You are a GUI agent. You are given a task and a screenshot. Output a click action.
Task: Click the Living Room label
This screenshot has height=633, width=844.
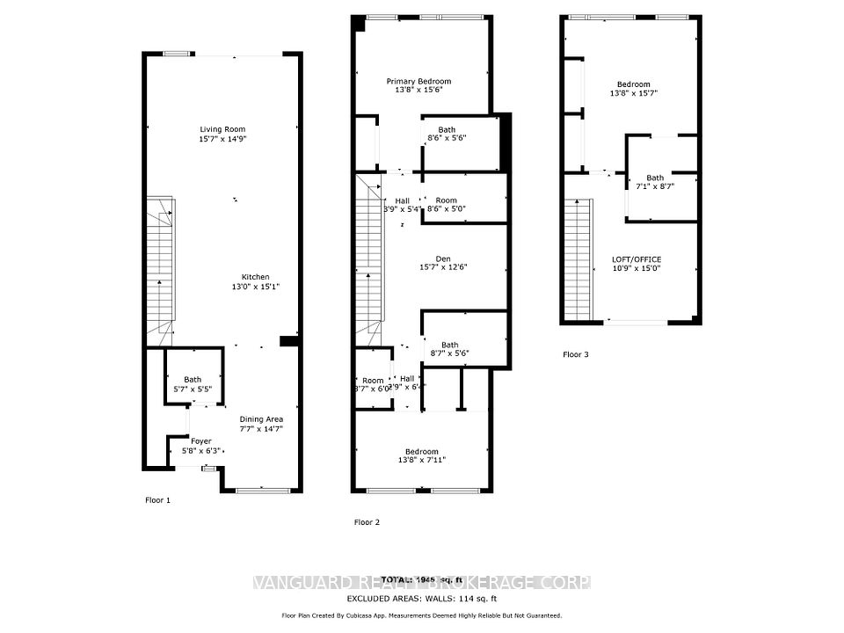click(x=222, y=129)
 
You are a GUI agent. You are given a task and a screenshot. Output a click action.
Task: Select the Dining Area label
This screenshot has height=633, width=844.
click(x=261, y=419)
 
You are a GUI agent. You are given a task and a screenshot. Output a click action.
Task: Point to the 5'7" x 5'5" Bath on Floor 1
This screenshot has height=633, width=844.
click(x=193, y=385)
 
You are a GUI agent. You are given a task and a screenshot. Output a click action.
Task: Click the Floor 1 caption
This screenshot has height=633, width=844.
click(x=157, y=499)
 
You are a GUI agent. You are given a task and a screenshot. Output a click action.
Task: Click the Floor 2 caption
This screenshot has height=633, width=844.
click(x=367, y=522)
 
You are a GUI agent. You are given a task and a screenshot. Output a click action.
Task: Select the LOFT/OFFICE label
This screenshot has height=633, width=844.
click(x=637, y=259)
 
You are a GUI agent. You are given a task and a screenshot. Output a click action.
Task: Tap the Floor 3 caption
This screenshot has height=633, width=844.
click(x=577, y=355)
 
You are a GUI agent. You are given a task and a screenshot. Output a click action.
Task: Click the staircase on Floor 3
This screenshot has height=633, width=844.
click(x=577, y=259)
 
